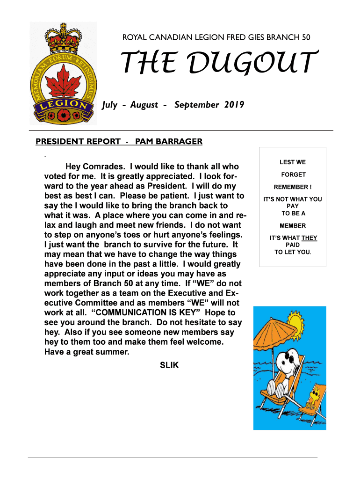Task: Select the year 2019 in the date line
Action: tap(234, 105)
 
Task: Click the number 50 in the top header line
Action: tap(306, 37)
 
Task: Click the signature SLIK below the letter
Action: tap(169, 365)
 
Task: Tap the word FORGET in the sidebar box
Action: tap(293, 174)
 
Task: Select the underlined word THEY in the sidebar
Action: tap(309, 238)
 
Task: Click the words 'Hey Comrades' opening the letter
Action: tap(96, 167)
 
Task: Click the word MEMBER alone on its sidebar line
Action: tap(293, 225)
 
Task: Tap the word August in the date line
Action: tap(144, 105)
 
